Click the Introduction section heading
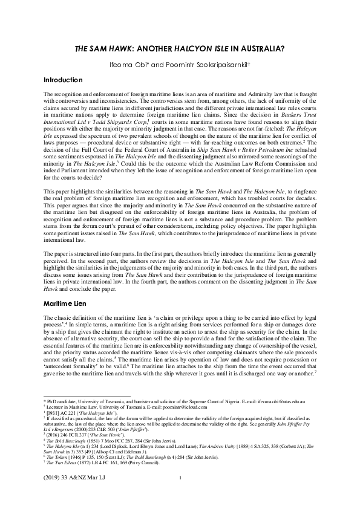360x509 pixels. tap(67, 80)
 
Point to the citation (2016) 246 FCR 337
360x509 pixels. tap(63, 433)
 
